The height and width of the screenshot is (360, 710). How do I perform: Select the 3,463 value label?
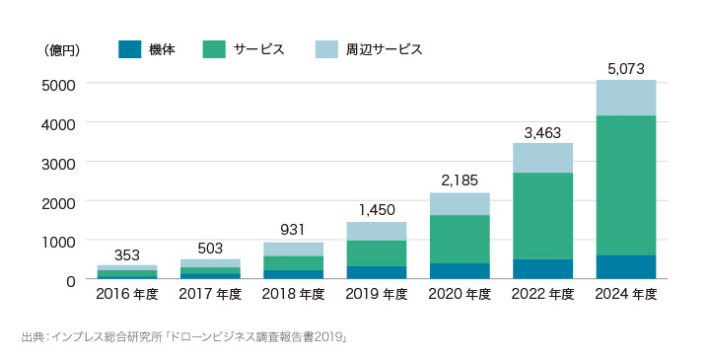click(541, 132)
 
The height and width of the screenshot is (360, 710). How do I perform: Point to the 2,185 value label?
click(459, 181)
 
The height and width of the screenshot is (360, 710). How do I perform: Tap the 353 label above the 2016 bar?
click(127, 255)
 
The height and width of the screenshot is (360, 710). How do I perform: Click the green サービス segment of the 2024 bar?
click(625, 185)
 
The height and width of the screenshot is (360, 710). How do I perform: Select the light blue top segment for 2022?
click(541, 158)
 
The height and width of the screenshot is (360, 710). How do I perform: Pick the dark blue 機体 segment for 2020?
click(459, 271)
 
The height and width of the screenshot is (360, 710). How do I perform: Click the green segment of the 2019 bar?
click(376, 253)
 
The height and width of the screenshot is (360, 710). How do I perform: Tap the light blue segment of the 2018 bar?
click(293, 250)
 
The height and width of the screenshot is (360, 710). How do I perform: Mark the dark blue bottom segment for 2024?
click(625, 267)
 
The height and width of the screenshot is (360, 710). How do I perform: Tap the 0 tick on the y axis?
click(70, 280)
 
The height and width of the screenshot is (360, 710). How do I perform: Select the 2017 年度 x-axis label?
click(210, 295)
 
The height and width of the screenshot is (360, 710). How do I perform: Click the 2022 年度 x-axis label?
click(541, 295)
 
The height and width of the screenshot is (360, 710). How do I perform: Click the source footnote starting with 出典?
click(183, 338)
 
